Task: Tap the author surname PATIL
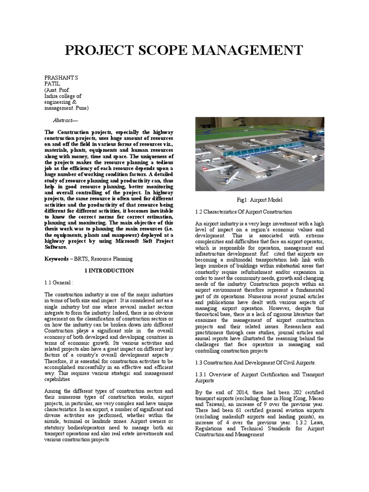[x=51, y=83]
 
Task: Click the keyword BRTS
[x=80, y=258]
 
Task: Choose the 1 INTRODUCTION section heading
[x=109, y=271]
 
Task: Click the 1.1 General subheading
[x=58, y=283]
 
